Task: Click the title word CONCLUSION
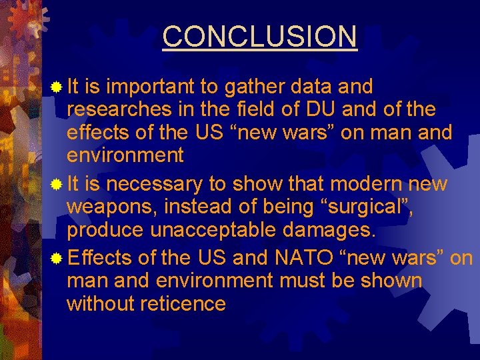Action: [x=259, y=36]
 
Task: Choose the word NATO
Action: [x=315, y=258]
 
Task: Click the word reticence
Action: [x=184, y=303]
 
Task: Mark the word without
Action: [x=100, y=303]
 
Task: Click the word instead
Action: [x=205, y=207]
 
